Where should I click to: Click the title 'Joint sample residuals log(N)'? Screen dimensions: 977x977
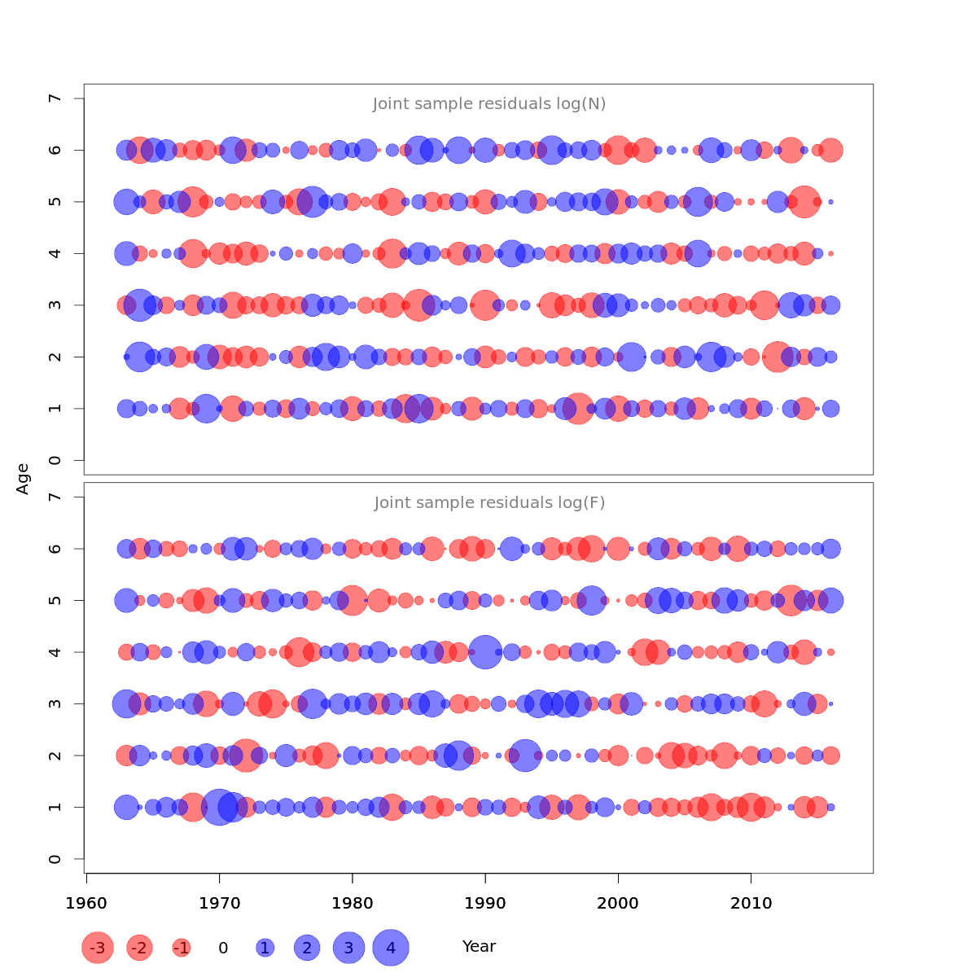pyautogui.click(x=489, y=104)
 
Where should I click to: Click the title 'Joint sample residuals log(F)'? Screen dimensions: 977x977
pyautogui.click(x=489, y=503)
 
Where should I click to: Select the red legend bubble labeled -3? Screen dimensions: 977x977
pyautogui.click(x=98, y=948)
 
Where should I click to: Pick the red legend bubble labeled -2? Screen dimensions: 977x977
pyautogui.click(x=140, y=948)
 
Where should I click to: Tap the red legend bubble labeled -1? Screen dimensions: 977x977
pyautogui.click(x=182, y=948)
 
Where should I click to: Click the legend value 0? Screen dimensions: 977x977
pyautogui.click(x=223, y=948)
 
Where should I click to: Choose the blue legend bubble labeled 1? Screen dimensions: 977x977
pyautogui.click(x=265, y=948)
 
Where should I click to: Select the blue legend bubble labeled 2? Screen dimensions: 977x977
pyautogui.click(x=307, y=948)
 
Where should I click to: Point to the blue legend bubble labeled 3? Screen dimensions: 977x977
pyautogui.click(x=348, y=948)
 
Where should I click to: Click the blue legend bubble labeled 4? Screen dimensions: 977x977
pyautogui.click(x=391, y=948)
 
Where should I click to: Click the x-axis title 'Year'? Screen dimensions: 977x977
pyautogui.click(x=479, y=947)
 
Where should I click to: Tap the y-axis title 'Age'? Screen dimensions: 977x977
pyautogui.click(x=23, y=479)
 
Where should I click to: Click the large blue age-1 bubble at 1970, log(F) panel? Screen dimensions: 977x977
pyautogui.click(x=219, y=807)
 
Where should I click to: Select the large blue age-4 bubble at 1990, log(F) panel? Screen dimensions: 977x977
pyautogui.click(x=485, y=652)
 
